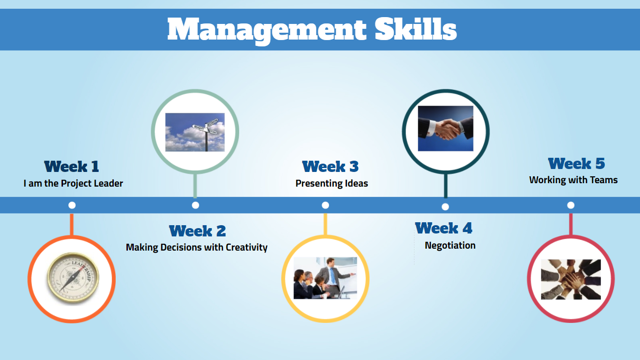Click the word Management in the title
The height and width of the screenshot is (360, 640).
[x=267, y=30]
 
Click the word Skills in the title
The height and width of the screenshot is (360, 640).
[x=416, y=29]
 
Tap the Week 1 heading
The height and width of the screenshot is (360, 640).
[x=71, y=167]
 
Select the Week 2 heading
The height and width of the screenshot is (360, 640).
[x=197, y=231]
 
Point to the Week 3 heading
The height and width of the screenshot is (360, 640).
[x=330, y=167]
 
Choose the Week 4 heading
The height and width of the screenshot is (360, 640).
[x=444, y=228]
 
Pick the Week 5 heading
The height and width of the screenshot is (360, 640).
[x=577, y=164]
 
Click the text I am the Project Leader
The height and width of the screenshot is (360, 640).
[x=73, y=183]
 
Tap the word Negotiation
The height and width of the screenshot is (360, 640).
[x=450, y=245]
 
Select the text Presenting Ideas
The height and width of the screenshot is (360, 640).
[x=331, y=183]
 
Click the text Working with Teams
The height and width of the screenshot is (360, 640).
[x=574, y=180]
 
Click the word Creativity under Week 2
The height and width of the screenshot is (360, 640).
[x=247, y=247]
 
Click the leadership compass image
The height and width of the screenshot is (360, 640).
[x=73, y=277]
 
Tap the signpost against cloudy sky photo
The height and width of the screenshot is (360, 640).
[x=195, y=132]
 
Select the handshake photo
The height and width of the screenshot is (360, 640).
[x=445, y=128]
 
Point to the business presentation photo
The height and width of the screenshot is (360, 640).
[x=325, y=278]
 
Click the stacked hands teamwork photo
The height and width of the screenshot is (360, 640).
[x=571, y=279]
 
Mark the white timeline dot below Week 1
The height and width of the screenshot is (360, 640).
[x=72, y=205]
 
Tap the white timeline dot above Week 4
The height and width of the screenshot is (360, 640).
[x=445, y=207]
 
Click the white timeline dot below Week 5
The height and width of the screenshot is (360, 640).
[x=571, y=205]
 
